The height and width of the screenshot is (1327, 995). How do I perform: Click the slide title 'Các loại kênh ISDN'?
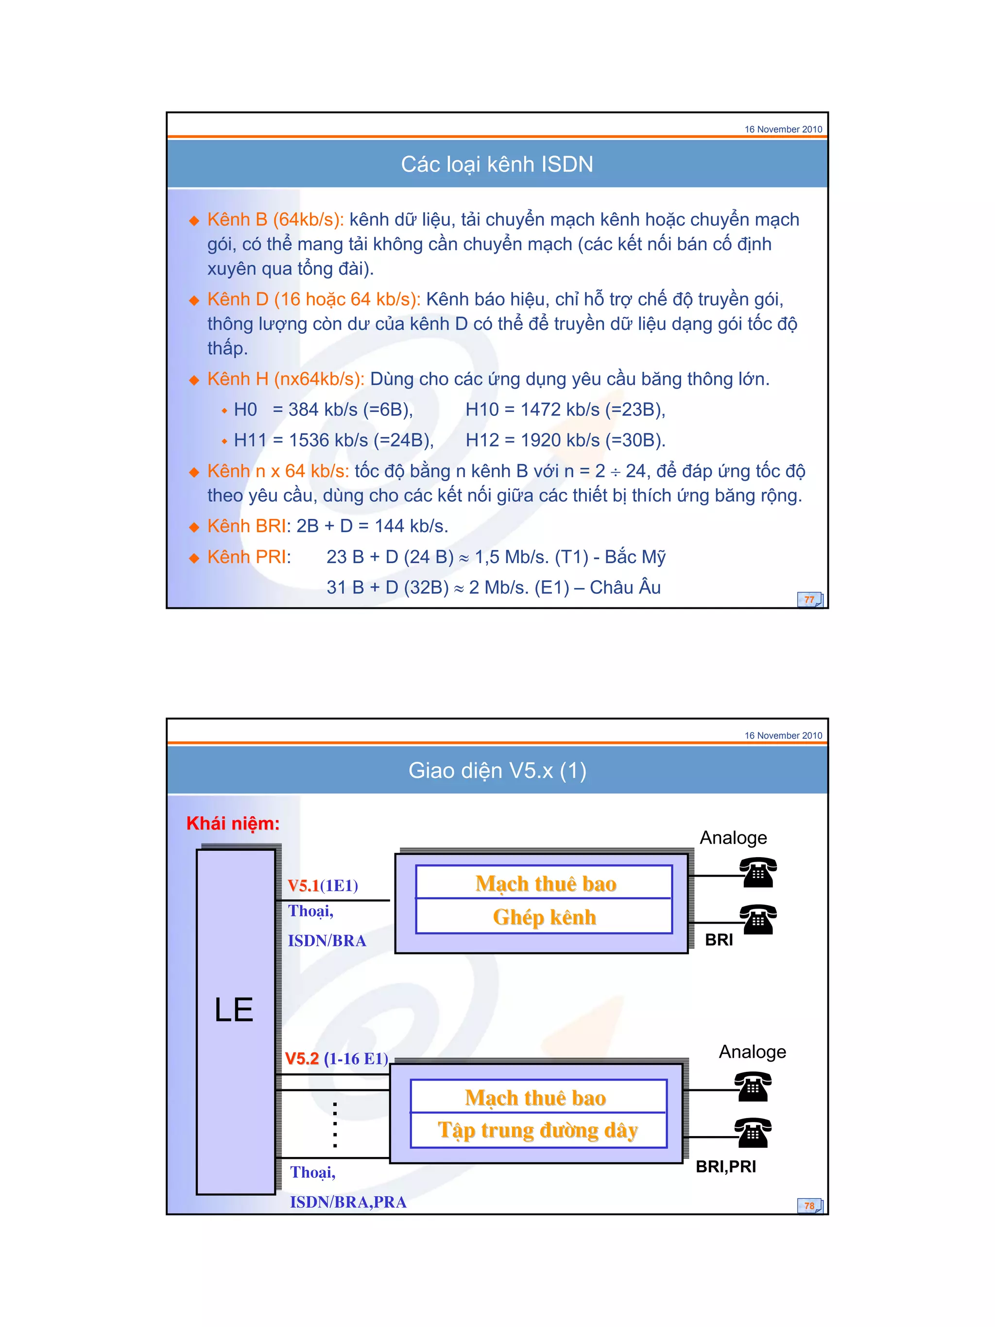click(497, 164)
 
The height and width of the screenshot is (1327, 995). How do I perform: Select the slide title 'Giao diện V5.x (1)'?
click(497, 770)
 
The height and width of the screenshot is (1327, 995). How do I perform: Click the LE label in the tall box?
click(234, 1010)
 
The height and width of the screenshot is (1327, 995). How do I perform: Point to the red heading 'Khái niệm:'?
click(233, 823)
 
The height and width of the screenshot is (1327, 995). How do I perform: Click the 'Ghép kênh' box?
click(544, 917)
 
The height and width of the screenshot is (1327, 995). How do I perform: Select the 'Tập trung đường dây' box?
click(538, 1130)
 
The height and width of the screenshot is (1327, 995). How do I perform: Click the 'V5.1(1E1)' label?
click(323, 885)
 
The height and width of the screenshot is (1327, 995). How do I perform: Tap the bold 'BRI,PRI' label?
click(726, 1167)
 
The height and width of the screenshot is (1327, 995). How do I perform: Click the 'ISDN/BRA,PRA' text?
click(348, 1202)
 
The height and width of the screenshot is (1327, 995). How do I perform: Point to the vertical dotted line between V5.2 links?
click(335, 1125)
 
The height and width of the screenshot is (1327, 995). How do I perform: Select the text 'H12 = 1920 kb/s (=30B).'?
click(566, 440)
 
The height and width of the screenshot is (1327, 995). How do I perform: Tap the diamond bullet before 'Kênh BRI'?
click(194, 527)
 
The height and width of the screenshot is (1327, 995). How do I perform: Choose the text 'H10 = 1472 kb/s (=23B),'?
click(566, 410)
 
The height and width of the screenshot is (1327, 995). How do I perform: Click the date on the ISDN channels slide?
click(783, 129)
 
